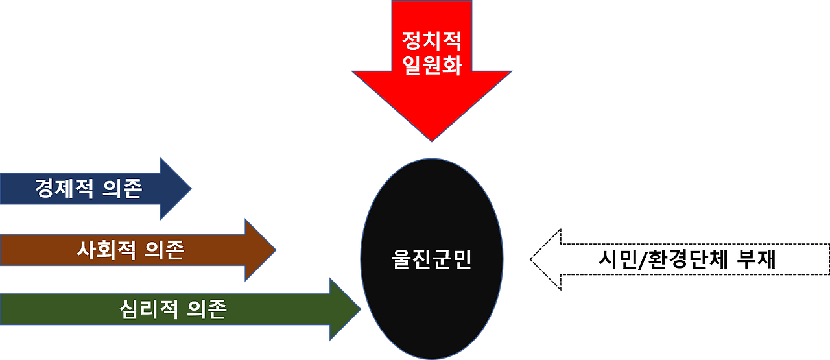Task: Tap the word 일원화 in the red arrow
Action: [431, 66]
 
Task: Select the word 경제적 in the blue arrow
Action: [65, 189]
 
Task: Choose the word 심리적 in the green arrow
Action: [150, 309]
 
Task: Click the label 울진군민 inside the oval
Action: [432, 259]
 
